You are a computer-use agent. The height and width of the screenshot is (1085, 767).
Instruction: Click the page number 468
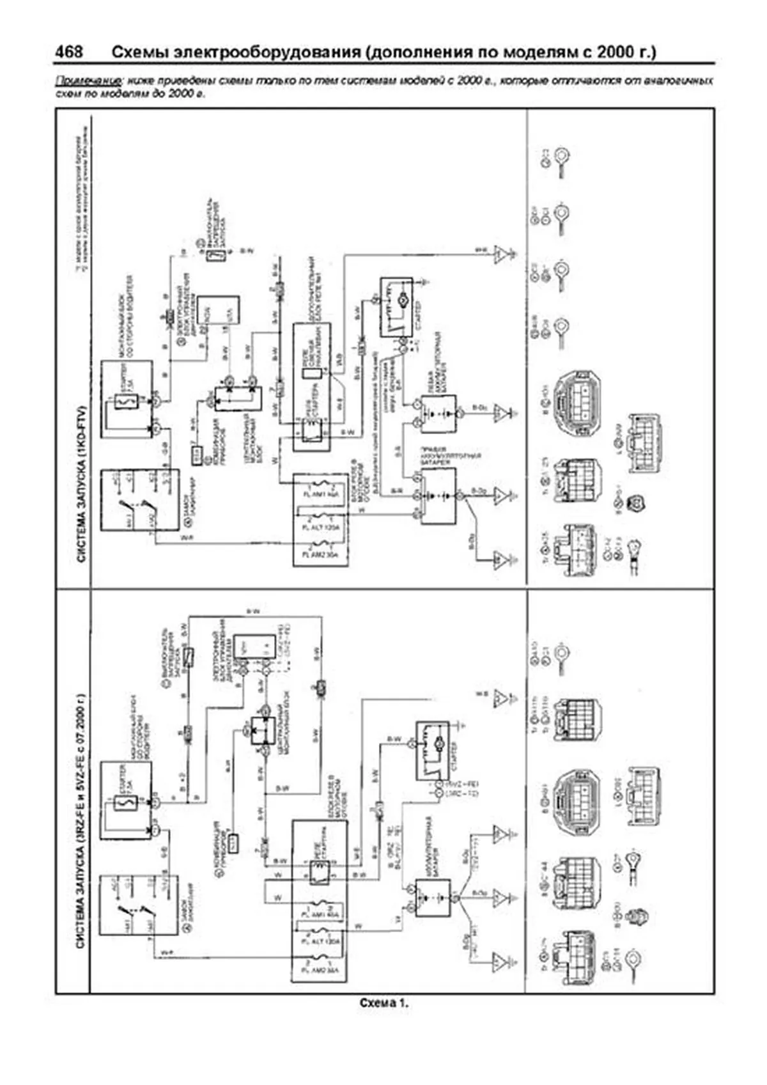click(68, 51)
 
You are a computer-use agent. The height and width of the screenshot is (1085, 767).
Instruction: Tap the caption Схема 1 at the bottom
click(383, 1003)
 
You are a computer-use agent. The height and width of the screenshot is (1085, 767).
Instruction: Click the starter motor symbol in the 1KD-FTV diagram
click(403, 299)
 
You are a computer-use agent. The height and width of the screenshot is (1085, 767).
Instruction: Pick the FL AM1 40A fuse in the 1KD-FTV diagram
click(320, 494)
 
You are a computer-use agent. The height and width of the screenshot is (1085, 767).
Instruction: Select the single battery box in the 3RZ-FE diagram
click(433, 898)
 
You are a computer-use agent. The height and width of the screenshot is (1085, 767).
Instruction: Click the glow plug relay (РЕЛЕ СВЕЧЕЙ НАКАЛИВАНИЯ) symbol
click(313, 375)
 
